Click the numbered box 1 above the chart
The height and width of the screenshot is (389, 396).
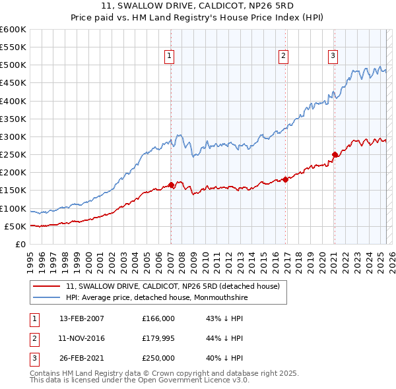tap(170, 57)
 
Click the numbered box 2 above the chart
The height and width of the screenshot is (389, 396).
tap(283, 57)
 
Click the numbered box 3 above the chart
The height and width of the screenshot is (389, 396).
tap(333, 57)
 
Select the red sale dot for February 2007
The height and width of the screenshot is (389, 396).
tap(171, 185)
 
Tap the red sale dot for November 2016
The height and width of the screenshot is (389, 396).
tap(285, 179)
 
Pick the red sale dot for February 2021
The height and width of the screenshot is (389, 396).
tap(335, 155)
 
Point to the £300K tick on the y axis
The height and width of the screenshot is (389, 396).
tap(14, 137)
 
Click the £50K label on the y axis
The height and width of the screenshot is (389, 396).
tap(16, 226)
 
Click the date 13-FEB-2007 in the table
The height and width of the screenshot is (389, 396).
tap(82, 318)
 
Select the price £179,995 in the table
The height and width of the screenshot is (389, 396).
tap(158, 338)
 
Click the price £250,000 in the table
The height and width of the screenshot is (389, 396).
tap(158, 359)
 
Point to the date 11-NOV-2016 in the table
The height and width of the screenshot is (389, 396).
tap(82, 338)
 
